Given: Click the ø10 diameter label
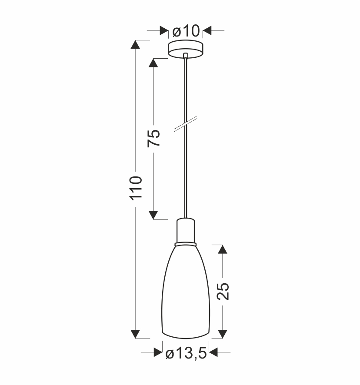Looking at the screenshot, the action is [x=186, y=31].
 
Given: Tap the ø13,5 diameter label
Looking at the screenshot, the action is [x=186, y=354].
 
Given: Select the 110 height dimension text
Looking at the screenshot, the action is [x=136, y=188].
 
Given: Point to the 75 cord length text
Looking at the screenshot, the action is [x=153, y=138].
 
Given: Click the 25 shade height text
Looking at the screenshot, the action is [x=223, y=291].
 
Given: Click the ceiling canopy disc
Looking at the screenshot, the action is [x=186, y=49].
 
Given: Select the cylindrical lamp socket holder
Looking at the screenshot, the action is [x=186, y=230].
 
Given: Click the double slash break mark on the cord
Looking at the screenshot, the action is [x=186, y=124].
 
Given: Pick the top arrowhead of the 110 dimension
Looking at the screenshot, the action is [x=135, y=44].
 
